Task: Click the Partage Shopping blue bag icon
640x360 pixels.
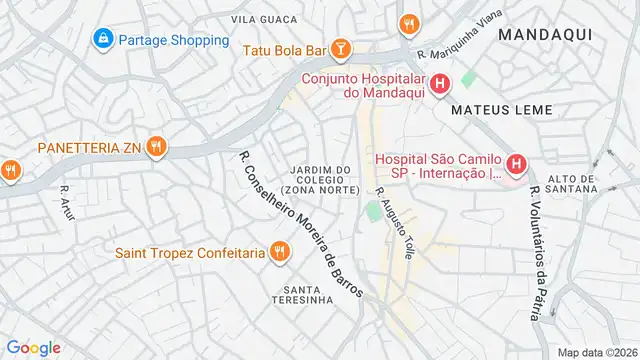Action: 102,40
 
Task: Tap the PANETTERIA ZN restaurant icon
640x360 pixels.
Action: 155,148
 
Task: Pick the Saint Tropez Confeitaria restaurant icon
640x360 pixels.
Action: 280,252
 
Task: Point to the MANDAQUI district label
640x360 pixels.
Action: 544,34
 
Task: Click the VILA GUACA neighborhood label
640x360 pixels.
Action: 264,19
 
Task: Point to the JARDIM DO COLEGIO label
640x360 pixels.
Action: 320,180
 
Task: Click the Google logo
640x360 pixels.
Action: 33,347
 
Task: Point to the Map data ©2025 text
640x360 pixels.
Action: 597,352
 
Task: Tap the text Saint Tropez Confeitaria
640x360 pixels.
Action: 190,253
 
